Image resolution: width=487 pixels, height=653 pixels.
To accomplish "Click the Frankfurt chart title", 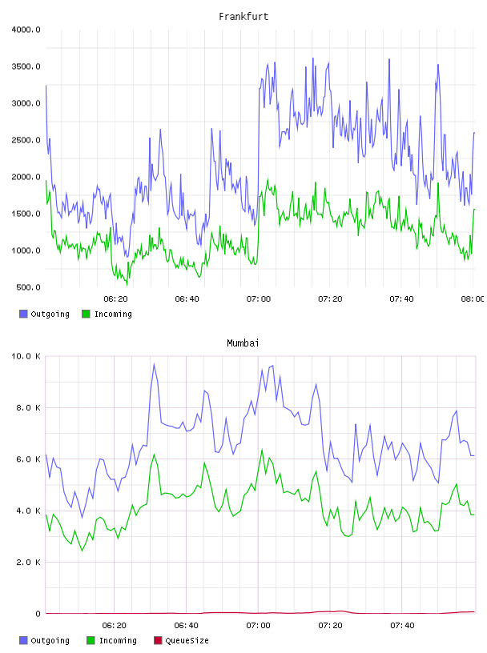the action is point(243,17).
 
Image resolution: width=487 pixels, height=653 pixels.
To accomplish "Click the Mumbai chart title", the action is point(243,343).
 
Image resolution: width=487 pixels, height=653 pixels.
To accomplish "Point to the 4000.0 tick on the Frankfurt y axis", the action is point(26,30).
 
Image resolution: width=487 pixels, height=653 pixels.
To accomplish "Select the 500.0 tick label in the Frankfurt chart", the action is point(28,287).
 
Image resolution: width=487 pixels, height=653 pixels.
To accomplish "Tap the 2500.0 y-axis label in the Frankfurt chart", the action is point(26,140).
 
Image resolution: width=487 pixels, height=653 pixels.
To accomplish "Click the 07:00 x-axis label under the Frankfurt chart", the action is point(259,299).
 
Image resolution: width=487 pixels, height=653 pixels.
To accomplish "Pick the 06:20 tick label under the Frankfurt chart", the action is point(115,299).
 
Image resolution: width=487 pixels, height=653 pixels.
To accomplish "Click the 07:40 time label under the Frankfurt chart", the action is point(401,299).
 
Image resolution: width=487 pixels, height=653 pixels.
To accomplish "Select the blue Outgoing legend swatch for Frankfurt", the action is point(23,314).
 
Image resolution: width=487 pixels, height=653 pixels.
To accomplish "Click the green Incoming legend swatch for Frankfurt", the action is point(86,314).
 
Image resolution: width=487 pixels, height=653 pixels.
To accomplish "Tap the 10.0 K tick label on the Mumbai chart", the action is point(26,356).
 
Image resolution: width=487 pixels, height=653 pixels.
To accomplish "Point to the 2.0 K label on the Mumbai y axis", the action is point(28,563).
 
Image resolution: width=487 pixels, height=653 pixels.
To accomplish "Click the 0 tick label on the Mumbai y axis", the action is point(38,614).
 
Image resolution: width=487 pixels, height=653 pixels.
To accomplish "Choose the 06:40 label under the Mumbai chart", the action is point(187,626).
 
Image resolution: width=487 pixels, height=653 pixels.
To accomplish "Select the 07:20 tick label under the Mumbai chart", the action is point(330,626).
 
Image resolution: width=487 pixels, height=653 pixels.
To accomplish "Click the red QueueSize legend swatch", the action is point(158,640).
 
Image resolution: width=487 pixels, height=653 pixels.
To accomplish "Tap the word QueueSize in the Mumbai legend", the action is point(187,641).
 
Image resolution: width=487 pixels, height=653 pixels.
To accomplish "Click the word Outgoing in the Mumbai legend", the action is point(50,641).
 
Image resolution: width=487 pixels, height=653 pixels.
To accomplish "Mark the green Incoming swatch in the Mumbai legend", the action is point(91,640).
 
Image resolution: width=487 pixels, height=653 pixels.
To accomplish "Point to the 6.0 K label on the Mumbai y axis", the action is point(28,459).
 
